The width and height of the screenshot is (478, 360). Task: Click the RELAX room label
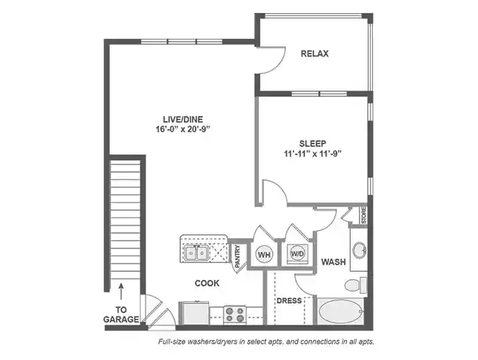(314, 54)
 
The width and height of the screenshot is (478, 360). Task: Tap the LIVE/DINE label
(183, 118)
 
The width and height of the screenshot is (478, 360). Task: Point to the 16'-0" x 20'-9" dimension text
(183, 129)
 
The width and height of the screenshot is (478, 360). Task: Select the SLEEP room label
(313, 143)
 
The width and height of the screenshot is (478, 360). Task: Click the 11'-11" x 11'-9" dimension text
(313, 154)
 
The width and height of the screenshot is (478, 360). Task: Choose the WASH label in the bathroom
(333, 262)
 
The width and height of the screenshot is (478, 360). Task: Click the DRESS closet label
(289, 300)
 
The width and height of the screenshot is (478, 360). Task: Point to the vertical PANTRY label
(238, 254)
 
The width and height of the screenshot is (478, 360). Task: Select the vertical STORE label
(363, 215)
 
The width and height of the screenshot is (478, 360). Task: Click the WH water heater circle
(264, 254)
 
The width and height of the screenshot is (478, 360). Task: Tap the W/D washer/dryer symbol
(298, 254)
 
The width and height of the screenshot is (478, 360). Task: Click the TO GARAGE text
(122, 315)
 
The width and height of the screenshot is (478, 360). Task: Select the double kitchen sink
(196, 253)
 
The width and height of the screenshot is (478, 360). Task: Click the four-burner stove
(235, 314)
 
